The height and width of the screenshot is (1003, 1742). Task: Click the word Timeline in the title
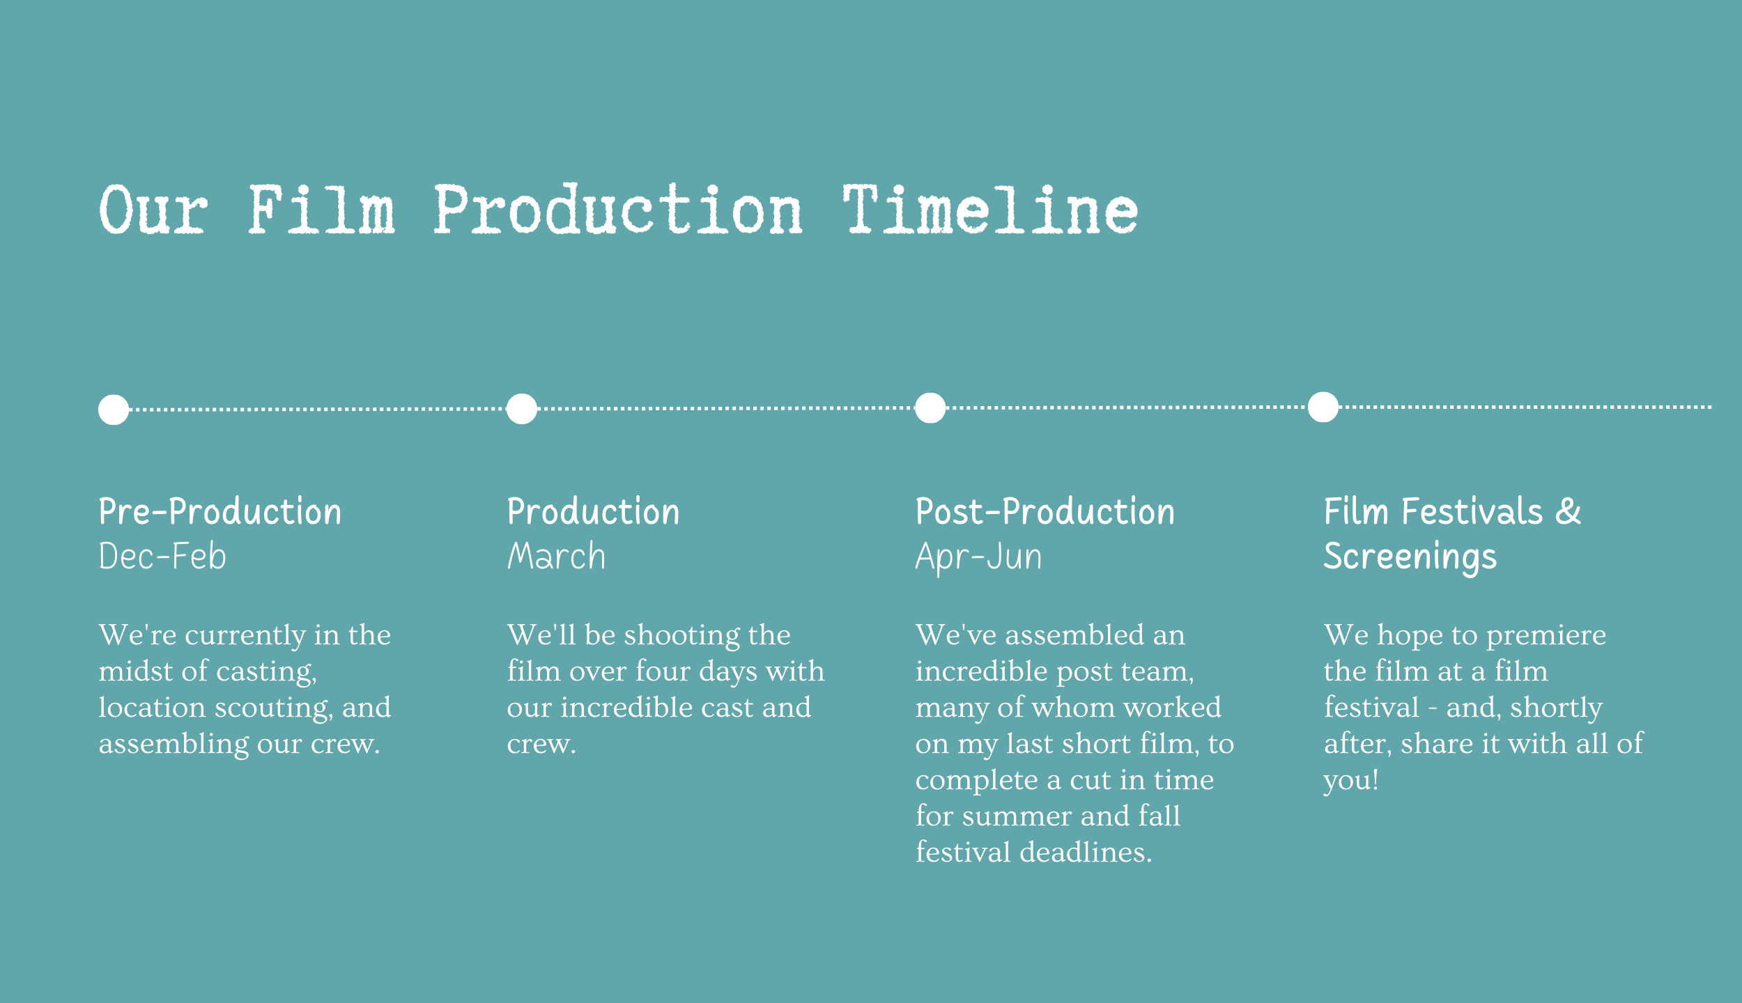pyautogui.click(x=990, y=209)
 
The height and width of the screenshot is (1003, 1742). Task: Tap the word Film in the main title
pyautogui.click(x=322, y=209)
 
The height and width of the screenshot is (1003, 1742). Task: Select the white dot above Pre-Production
pyautogui.click(x=114, y=410)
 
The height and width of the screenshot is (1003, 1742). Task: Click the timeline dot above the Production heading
pyautogui.click(x=522, y=409)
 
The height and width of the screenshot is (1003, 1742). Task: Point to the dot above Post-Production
pyautogui.click(x=930, y=408)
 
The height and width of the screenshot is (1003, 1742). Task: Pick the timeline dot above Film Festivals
pyautogui.click(x=1323, y=407)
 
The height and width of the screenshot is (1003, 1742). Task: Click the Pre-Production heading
pyautogui.click(x=220, y=512)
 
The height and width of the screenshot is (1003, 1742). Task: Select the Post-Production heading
pyautogui.click(x=1045, y=512)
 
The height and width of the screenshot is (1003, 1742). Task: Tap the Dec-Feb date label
pyautogui.click(x=162, y=557)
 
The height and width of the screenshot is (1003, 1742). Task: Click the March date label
pyautogui.click(x=556, y=557)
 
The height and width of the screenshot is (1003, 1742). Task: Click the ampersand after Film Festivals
pyautogui.click(x=1568, y=512)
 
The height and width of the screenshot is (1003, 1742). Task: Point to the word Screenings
pyautogui.click(x=1410, y=558)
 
